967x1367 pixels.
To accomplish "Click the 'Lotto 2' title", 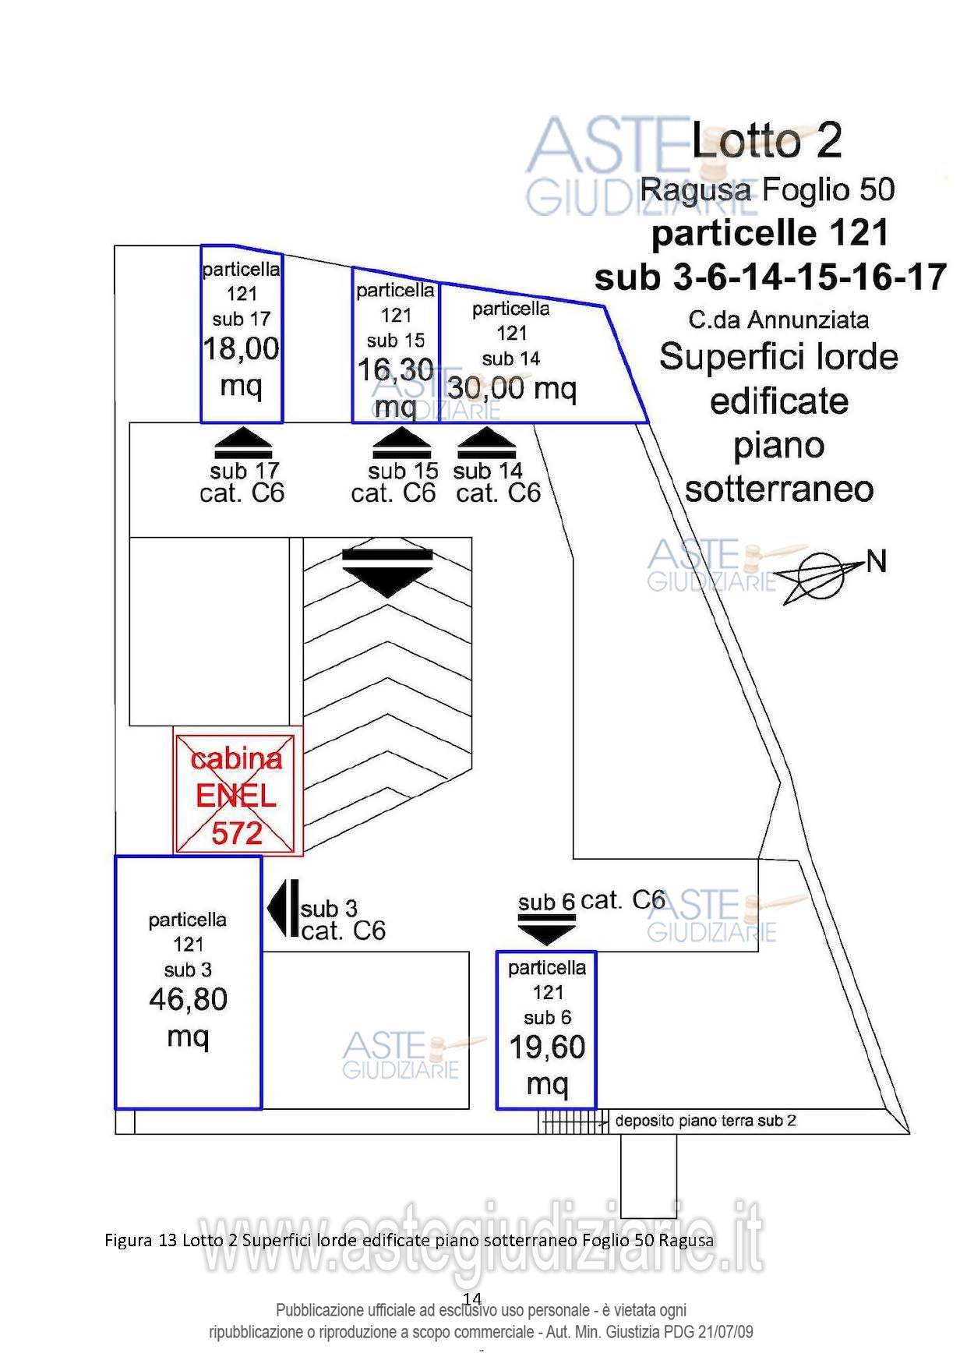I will tap(767, 140).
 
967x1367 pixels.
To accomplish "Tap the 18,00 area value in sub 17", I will tap(242, 348).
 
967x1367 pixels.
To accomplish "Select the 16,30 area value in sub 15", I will tap(395, 370).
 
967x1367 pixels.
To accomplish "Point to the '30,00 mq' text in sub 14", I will tap(512, 387).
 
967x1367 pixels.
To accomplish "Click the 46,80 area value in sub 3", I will tap(189, 999).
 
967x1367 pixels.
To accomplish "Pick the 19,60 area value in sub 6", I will tap(547, 1047).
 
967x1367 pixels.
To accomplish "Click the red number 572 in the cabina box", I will tap(237, 834).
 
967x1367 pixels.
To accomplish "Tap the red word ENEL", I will tap(236, 796).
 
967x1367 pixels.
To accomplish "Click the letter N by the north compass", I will tap(877, 561).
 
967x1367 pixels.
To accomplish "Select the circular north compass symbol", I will tap(821, 575).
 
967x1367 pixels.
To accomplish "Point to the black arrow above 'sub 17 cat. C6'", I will tap(243, 443).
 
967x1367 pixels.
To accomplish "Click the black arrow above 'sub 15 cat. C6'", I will tap(401, 443).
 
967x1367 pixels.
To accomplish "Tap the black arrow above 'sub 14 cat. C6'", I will tap(487, 443).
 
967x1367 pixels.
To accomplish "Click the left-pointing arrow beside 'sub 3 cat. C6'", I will tap(282, 909).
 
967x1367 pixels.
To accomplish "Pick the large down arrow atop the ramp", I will tap(387, 571).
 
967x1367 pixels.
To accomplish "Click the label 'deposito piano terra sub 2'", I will tap(705, 1121).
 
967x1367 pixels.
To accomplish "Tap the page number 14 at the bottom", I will tap(472, 1298).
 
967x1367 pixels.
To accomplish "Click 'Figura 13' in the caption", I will tap(141, 1240).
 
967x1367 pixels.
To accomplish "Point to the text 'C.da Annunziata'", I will tap(778, 320).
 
